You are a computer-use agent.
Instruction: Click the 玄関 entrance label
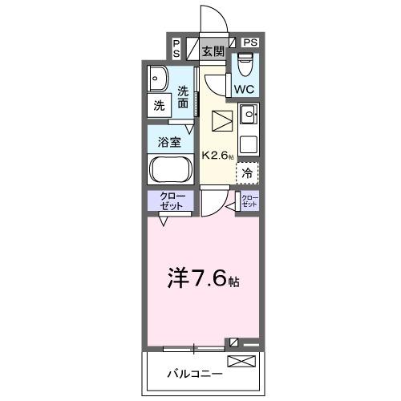point(213,52)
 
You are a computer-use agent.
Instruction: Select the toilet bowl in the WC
point(245,62)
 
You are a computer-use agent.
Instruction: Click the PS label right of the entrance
point(250,42)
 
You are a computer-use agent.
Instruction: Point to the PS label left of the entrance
point(176,48)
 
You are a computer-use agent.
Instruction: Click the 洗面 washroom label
point(184,97)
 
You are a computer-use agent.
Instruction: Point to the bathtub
point(169,169)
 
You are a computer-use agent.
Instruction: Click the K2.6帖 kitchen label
point(217,156)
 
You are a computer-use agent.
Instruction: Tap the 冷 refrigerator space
point(248,172)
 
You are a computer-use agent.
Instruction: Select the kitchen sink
point(249,115)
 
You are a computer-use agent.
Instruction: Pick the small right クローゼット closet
point(249,201)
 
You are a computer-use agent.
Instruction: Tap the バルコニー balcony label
point(189,374)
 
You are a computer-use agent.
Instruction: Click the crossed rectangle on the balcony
point(244,362)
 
